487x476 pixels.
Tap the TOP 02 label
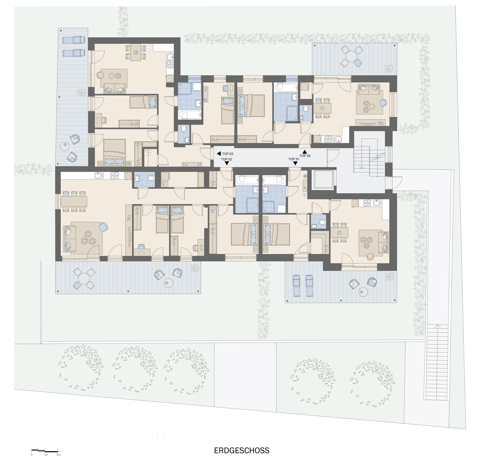click(226, 159)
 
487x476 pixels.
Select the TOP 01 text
click(294, 159)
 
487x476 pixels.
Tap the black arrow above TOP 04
click(304, 152)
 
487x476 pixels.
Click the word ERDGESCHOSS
click(242, 451)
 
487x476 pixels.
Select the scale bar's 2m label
click(58, 455)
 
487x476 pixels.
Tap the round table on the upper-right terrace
click(351, 56)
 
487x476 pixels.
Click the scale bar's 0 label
click(32, 455)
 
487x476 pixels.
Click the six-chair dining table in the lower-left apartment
click(74, 201)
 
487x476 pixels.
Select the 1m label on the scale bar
click(46, 455)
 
